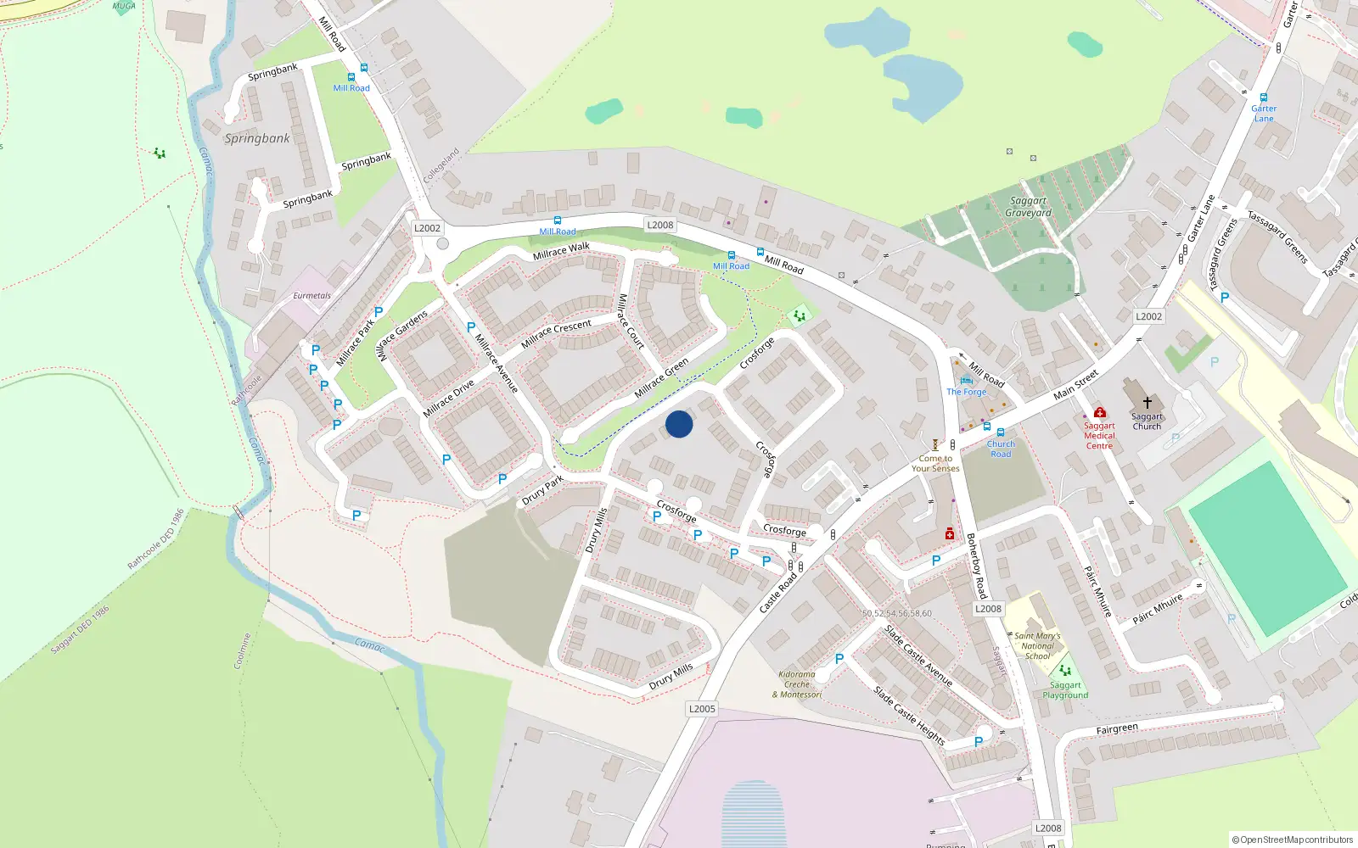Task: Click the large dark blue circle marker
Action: [679, 424]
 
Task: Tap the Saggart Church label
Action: [1147, 421]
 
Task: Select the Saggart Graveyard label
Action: [1028, 207]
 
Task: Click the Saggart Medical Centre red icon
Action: [1100, 413]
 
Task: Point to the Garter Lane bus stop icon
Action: [1264, 98]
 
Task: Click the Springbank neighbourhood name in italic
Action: [257, 138]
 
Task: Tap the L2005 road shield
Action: [702, 709]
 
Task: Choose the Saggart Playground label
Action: [1065, 690]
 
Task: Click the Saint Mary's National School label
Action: [1037, 645]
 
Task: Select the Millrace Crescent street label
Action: [556, 333]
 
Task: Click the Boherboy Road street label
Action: [977, 566]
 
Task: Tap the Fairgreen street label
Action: [1117, 729]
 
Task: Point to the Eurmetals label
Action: [311, 296]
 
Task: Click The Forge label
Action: [967, 392]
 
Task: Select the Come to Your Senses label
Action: [935, 463]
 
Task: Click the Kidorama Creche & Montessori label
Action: [797, 684]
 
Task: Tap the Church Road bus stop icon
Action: [1000, 432]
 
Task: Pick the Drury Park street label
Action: [543, 490]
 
